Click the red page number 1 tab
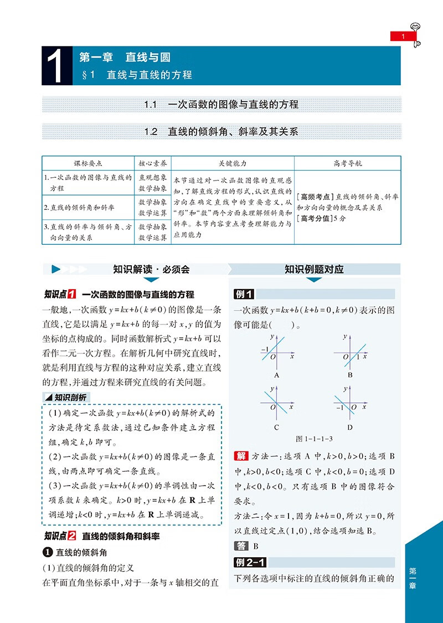[403, 37]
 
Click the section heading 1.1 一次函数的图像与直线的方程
[221, 104]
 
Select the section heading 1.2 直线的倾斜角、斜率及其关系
[221, 132]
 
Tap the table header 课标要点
[88, 163]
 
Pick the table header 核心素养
[152, 163]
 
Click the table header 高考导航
[347, 163]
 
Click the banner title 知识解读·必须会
[151, 270]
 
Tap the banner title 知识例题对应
[314, 270]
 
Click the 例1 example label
[244, 295]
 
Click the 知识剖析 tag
[66, 397]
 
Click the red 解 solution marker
[241, 456]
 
